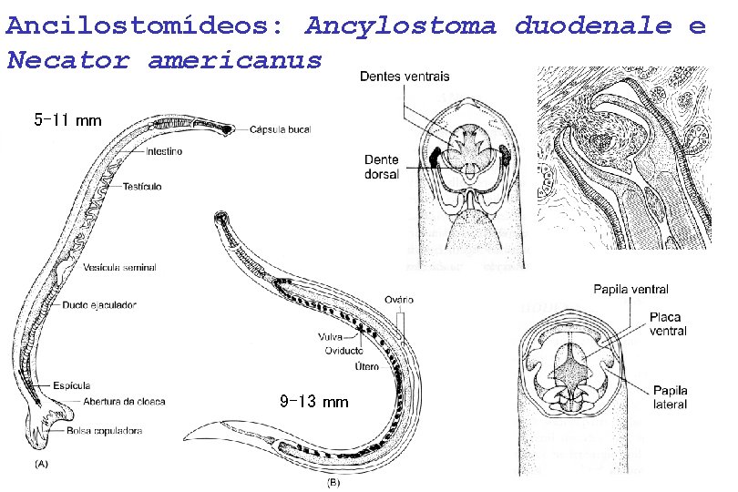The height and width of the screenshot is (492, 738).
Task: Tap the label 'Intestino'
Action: (161, 152)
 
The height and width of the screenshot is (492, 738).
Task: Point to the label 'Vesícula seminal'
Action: (118, 268)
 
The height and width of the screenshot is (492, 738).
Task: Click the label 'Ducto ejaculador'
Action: (99, 304)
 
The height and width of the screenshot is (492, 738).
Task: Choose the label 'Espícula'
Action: (71, 386)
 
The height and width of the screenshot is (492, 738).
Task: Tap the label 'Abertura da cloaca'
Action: (124, 402)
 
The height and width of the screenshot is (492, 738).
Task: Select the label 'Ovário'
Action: (399, 299)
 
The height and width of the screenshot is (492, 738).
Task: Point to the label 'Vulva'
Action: (333, 336)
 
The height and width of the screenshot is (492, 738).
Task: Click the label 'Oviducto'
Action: (343, 351)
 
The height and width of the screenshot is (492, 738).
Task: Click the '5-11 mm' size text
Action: (67, 119)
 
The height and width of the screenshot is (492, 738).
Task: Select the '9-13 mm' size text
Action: (313, 401)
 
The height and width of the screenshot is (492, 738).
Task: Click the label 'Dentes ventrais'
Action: (404, 77)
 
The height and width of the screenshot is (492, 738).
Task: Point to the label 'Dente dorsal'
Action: (381, 167)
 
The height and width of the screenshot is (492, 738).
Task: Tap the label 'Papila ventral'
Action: (630, 289)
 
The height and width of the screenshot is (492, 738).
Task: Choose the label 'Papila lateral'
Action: (669, 397)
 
